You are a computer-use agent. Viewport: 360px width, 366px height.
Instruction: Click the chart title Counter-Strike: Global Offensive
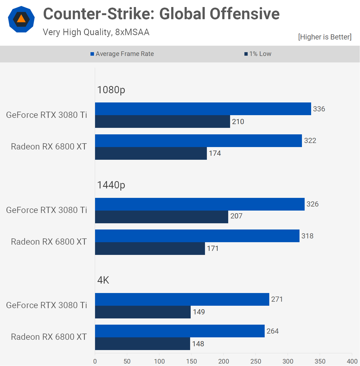(x=161, y=14)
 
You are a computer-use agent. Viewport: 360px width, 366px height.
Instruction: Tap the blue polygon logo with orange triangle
(x=21, y=19)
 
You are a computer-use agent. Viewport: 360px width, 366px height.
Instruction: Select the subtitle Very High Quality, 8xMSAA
(x=96, y=32)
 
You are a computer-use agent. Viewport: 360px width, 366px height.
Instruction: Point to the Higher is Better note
(x=325, y=37)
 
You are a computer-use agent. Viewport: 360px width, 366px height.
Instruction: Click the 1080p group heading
(x=111, y=90)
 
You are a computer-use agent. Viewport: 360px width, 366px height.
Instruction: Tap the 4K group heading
(x=103, y=280)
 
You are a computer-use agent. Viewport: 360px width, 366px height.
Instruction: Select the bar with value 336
(x=203, y=109)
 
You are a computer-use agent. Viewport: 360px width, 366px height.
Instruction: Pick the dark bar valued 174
(x=151, y=153)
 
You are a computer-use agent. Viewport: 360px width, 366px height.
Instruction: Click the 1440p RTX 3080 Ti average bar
(x=200, y=204)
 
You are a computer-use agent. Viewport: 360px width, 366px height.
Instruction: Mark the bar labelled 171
(x=150, y=248)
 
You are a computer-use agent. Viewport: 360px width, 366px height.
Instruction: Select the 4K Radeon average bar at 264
(x=180, y=331)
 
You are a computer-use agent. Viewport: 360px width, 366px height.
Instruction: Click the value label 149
(x=199, y=312)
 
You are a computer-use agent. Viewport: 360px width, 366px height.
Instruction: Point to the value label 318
(x=307, y=236)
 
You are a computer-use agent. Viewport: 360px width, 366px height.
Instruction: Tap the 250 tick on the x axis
(x=255, y=361)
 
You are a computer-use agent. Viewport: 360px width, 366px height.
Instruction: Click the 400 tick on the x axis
(x=352, y=361)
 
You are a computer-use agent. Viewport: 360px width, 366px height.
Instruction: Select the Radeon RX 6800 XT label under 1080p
(x=49, y=147)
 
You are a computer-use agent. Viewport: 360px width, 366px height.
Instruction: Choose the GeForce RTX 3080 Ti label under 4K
(x=46, y=305)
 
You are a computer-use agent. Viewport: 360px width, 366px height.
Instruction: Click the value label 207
(x=236, y=216)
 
